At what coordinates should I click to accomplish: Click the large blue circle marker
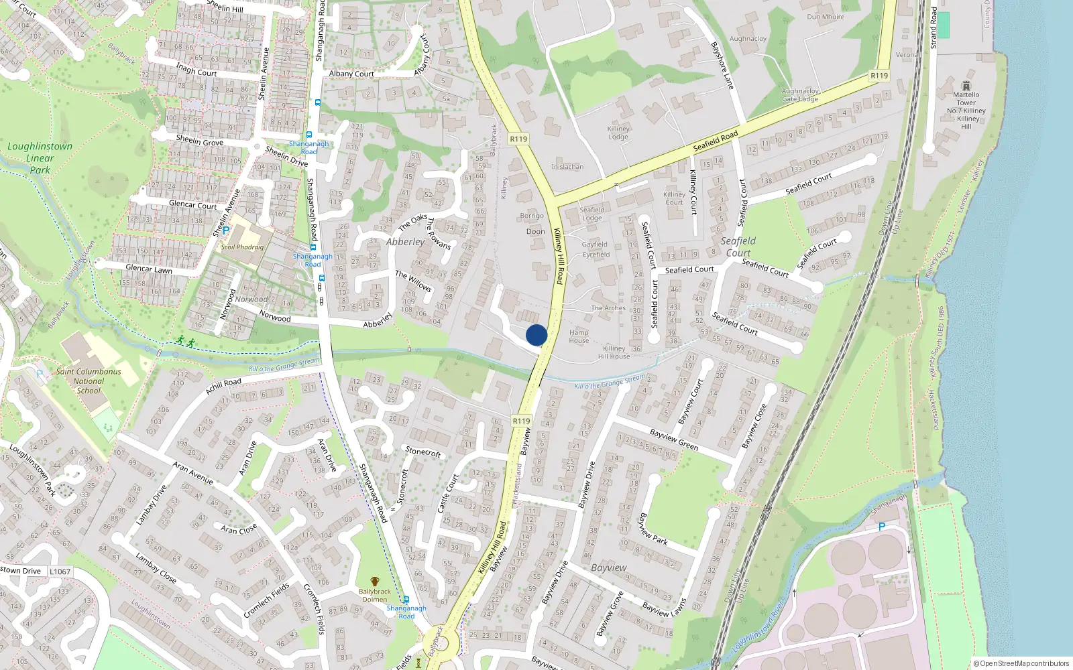click(x=536, y=335)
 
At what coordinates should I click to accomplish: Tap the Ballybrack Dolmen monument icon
click(x=374, y=582)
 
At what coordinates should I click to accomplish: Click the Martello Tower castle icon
click(x=966, y=86)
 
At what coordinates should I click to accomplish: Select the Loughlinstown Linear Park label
click(x=40, y=157)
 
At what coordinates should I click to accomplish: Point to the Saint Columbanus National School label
click(x=89, y=381)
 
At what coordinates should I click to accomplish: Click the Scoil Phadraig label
click(x=242, y=247)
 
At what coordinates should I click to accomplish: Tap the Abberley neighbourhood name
click(x=405, y=242)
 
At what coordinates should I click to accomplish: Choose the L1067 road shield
click(x=60, y=572)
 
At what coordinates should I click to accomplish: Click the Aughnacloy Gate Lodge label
click(x=799, y=95)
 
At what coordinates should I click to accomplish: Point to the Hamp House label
click(x=579, y=336)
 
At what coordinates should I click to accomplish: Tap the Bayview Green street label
click(x=673, y=440)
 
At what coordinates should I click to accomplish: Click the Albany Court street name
click(x=351, y=74)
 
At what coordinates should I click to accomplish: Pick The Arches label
click(x=608, y=308)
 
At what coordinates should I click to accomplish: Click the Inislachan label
click(x=567, y=167)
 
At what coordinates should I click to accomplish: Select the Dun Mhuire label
click(x=826, y=17)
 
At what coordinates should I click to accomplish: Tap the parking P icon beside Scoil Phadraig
click(x=226, y=230)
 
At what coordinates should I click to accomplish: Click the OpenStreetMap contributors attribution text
click(x=1021, y=663)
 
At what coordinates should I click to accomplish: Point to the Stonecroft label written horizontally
click(x=423, y=452)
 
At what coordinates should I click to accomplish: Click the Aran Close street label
click(x=239, y=529)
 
